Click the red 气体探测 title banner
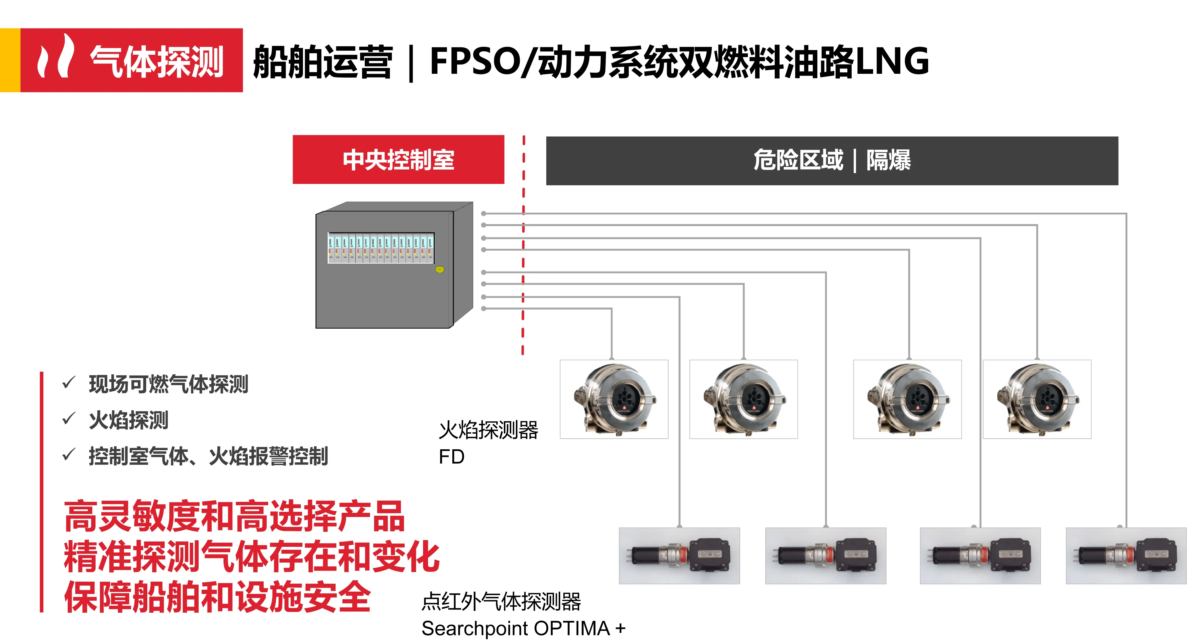(131, 61)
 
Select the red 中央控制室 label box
(398, 160)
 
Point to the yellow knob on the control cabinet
(439, 269)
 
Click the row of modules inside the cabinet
(381, 248)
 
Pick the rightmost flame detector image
(1037, 399)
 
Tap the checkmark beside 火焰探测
(69, 419)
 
